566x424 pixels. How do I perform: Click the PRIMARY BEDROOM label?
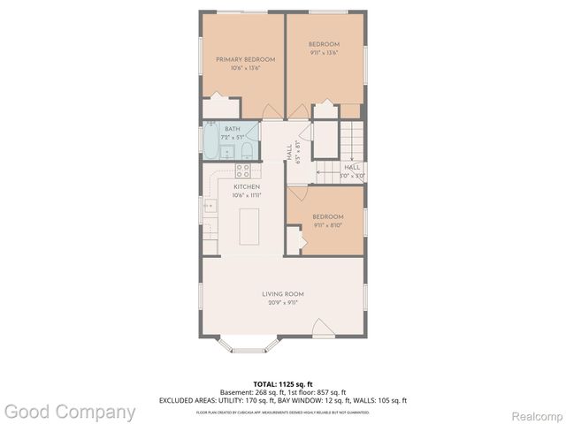(246, 59)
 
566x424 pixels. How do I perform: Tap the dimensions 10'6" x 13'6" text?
(246, 68)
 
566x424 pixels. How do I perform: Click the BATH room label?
(232, 130)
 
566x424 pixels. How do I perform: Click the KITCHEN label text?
(246, 187)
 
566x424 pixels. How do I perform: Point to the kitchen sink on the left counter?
(210, 206)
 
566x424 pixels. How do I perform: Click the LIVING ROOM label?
(283, 294)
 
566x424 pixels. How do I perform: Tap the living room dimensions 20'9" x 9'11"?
(283, 303)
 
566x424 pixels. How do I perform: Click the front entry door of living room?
(324, 329)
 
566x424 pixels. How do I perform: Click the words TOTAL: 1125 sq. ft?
(283, 384)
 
